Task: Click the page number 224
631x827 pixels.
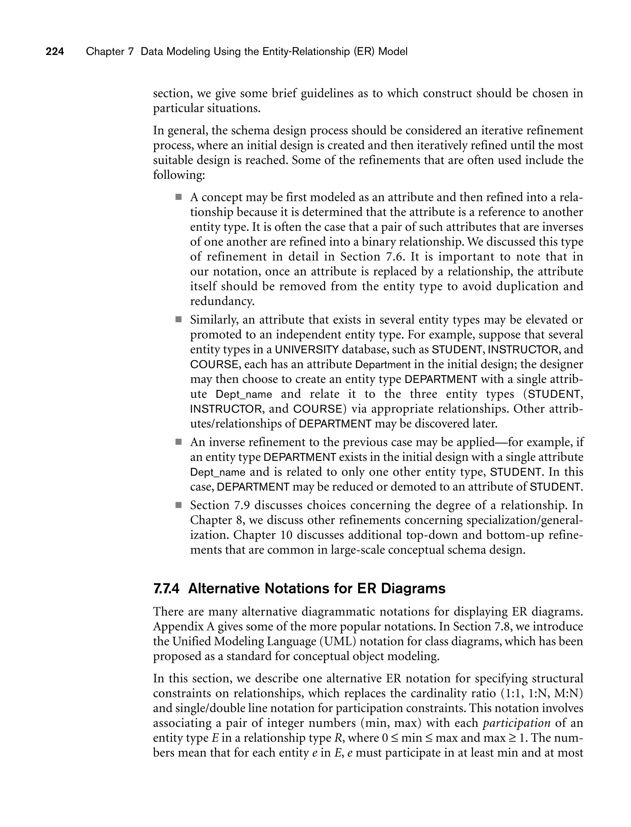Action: click(x=55, y=51)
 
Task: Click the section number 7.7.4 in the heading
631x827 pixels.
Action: click(x=166, y=589)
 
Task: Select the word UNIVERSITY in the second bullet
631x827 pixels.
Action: click(x=307, y=350)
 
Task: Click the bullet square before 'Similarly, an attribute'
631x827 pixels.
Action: click(x=178, y=320)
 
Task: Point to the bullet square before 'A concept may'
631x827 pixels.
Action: click(x=178, y=197)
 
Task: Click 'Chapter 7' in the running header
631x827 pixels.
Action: click(x=110, y=51)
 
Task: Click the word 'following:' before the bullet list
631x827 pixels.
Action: click(x=179, y=175)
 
